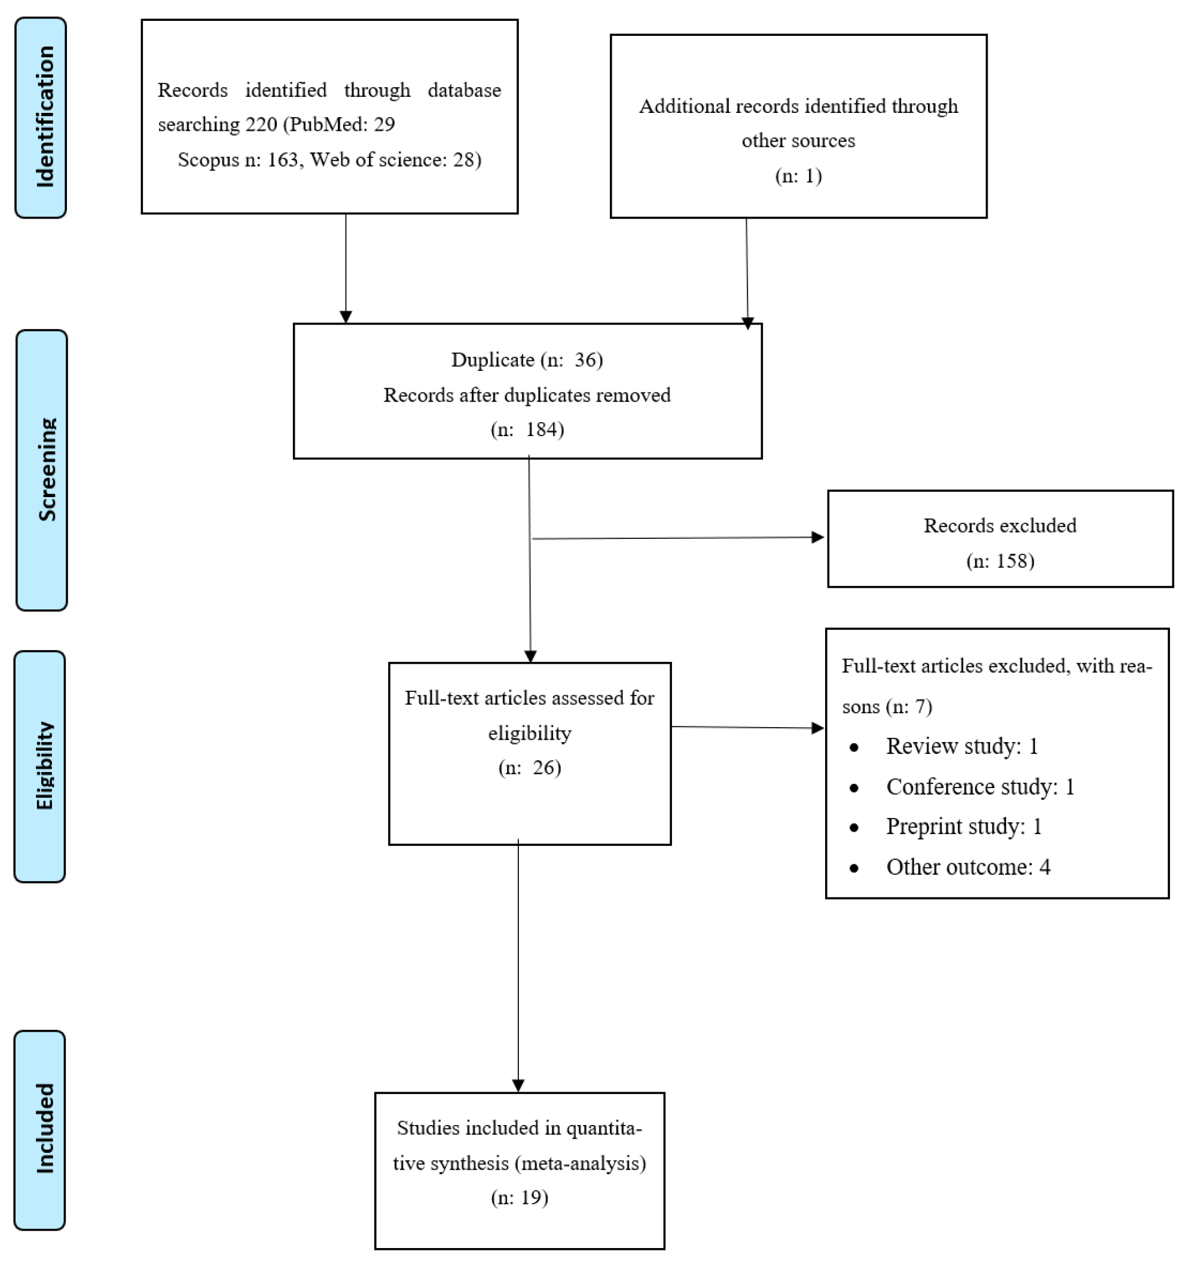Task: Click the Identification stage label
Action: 41,118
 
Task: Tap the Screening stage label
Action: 42,470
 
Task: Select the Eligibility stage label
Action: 40,766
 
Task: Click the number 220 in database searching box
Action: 261,124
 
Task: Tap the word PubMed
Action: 328,124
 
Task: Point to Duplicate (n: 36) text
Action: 527,360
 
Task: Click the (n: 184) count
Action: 527,430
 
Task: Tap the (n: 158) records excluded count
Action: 1000,561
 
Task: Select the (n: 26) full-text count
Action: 530,768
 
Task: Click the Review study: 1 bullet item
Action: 962,746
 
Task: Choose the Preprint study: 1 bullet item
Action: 964,826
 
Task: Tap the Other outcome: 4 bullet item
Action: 968,867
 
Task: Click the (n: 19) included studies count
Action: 520,1197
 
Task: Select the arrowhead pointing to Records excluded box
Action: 818,538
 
